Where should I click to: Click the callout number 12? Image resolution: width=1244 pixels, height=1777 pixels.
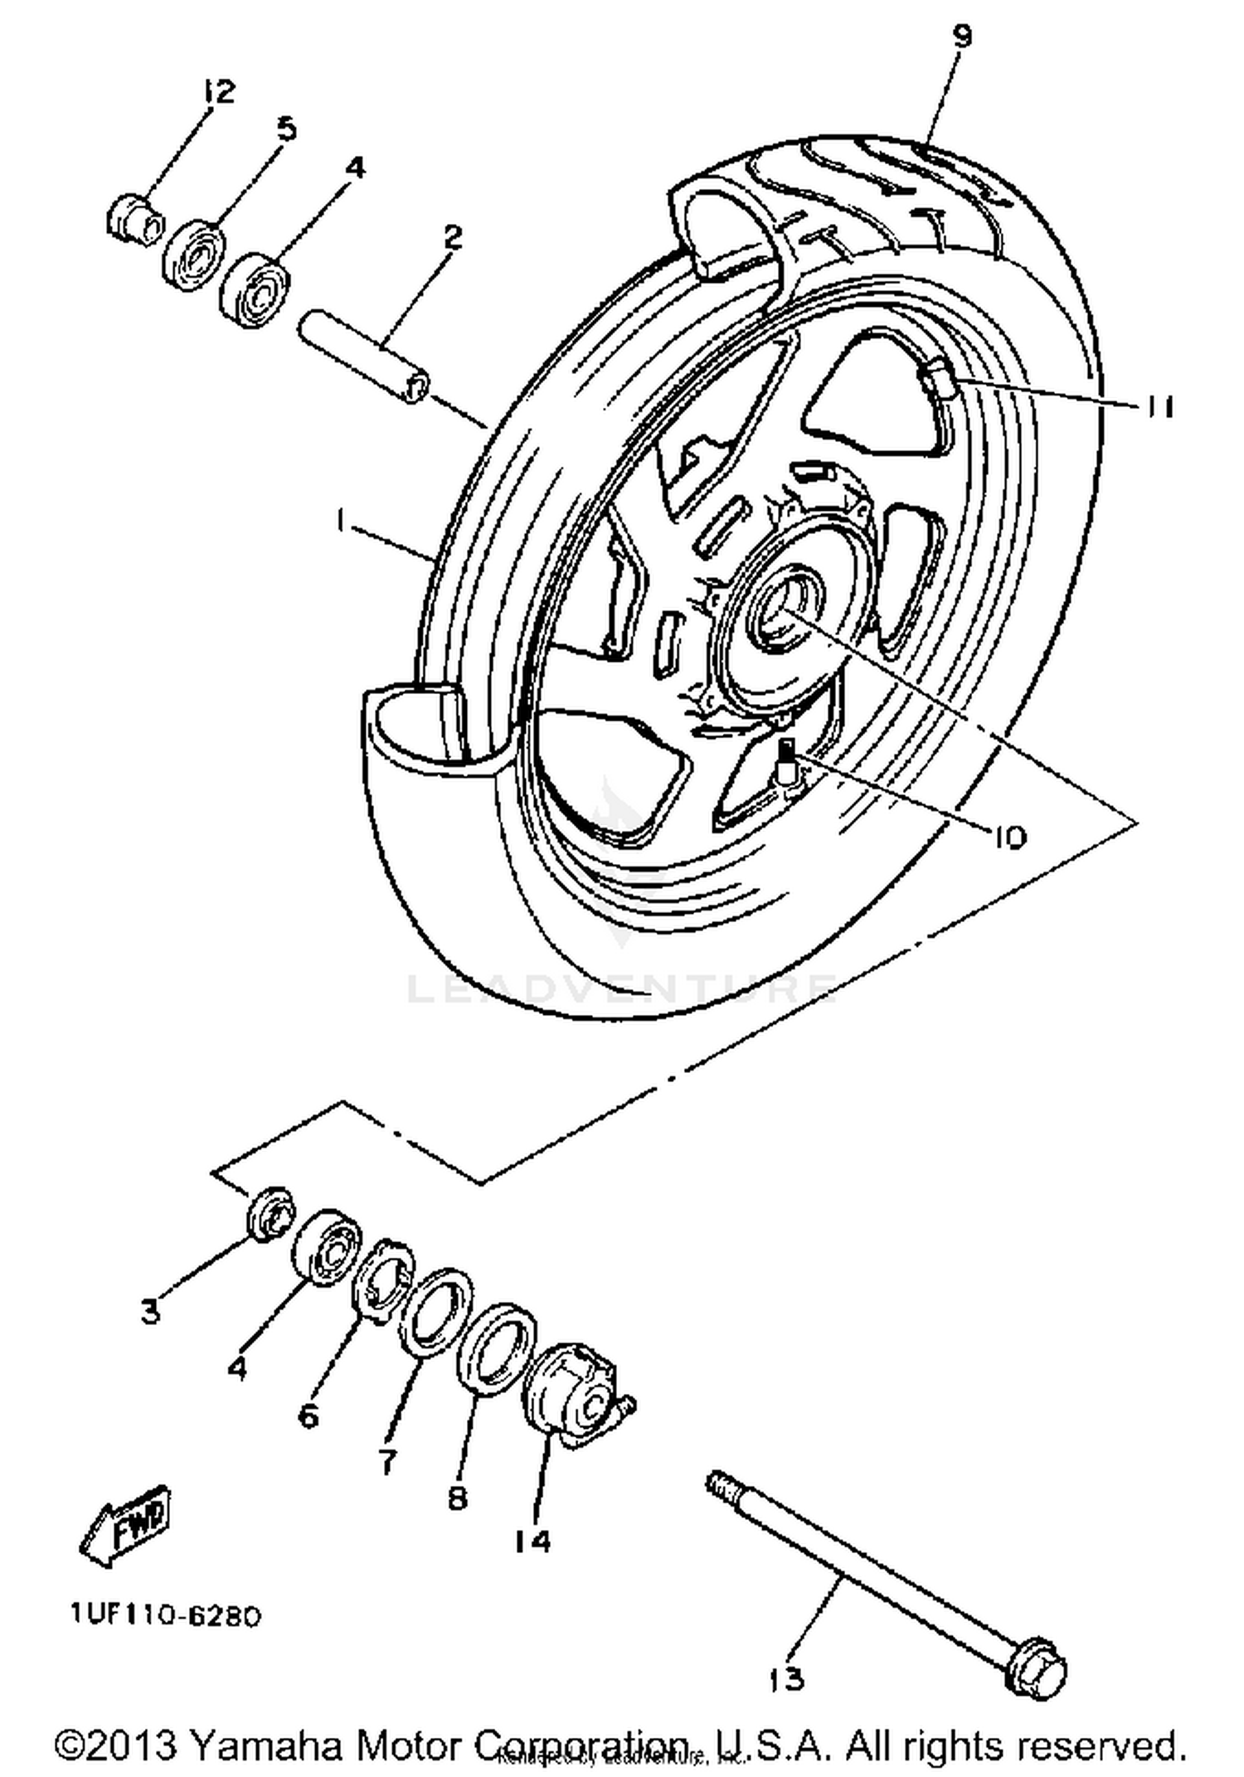pos(217,90)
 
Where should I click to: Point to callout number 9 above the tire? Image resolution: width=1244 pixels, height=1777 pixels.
pos(961,36)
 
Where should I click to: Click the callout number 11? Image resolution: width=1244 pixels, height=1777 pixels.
pos(1159,407)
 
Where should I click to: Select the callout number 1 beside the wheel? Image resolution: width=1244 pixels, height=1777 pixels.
pos(340,520)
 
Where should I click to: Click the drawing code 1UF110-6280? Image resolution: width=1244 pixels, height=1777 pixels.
pos(166,1615)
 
